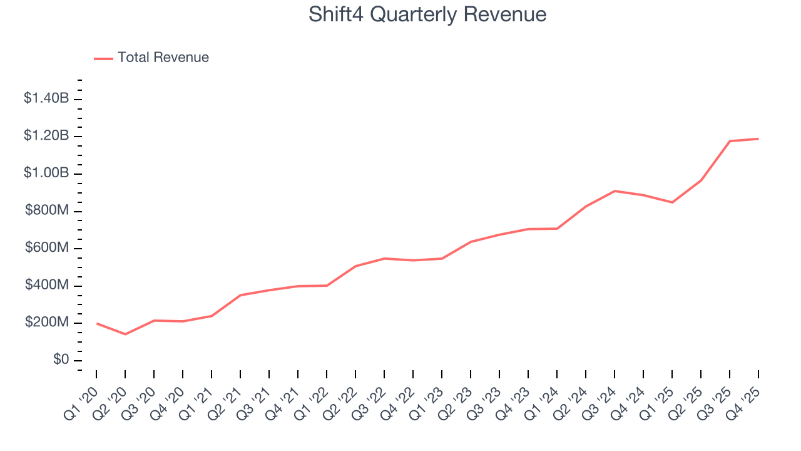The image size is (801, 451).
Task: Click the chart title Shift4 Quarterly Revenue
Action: tap(427, 14)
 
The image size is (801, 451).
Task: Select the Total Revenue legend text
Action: tap(163, 58)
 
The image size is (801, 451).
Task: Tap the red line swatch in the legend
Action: tap(103, 58)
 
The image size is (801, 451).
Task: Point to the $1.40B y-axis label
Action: tap(46, 98)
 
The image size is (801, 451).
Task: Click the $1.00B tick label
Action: tap(46, 174)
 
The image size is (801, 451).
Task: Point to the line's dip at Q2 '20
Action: tap(125, 334)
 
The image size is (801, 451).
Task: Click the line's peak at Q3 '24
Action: tap(615, 190)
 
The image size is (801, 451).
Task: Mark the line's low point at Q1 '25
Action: tap(673, 202)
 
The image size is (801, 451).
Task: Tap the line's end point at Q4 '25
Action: tap(758, 138)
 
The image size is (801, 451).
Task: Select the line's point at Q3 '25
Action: tap(730, 141)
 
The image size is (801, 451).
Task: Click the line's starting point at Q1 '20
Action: tap(96, 323)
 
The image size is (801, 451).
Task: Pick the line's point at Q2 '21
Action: tap(240, 295)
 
